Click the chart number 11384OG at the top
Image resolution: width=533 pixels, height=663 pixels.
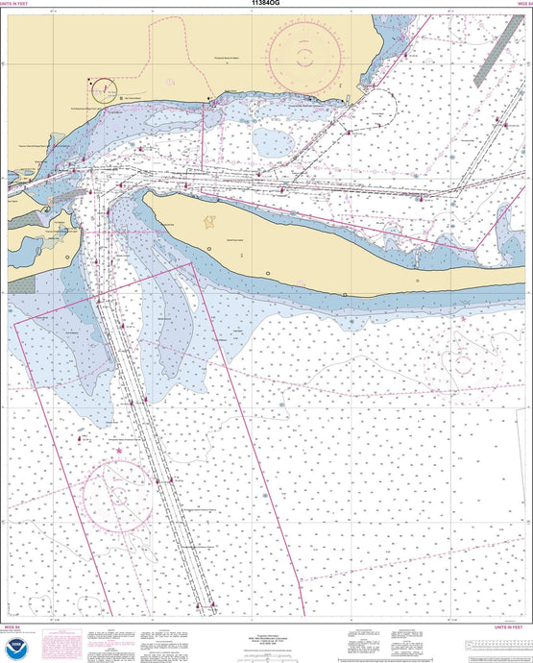tap(266, 5)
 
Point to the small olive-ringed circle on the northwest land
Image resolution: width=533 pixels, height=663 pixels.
tap(103, 89)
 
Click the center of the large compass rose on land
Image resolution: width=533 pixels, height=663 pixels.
tap(303, 53)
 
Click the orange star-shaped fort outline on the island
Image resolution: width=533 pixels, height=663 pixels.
tap(209, 223)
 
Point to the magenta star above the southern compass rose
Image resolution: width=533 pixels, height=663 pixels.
tap(119, 451)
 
